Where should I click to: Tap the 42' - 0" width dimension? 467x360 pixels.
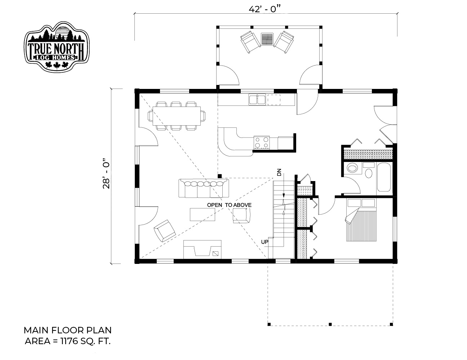point(265,9)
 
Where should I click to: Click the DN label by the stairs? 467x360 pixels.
point(279,172)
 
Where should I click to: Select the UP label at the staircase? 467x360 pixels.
point(264,242)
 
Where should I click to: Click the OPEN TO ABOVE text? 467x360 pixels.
point(229,205)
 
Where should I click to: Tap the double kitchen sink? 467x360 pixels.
point(257,100)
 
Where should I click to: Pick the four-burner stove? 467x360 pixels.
point(262,143)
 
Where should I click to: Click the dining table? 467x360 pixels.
point(177,116)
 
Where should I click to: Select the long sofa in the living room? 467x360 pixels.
point(204,188)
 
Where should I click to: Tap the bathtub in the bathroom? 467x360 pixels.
point(384,177)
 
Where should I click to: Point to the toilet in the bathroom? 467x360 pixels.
point(369,171)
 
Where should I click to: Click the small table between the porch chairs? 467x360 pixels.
point(267,39)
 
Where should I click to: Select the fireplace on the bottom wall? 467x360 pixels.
point(202,249)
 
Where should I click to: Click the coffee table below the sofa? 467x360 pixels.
point(203,214)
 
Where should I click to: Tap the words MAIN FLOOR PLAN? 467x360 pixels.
point(68,330)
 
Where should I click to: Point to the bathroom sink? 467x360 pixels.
point(352,168)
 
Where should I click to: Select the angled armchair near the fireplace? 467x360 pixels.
point(165,231)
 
